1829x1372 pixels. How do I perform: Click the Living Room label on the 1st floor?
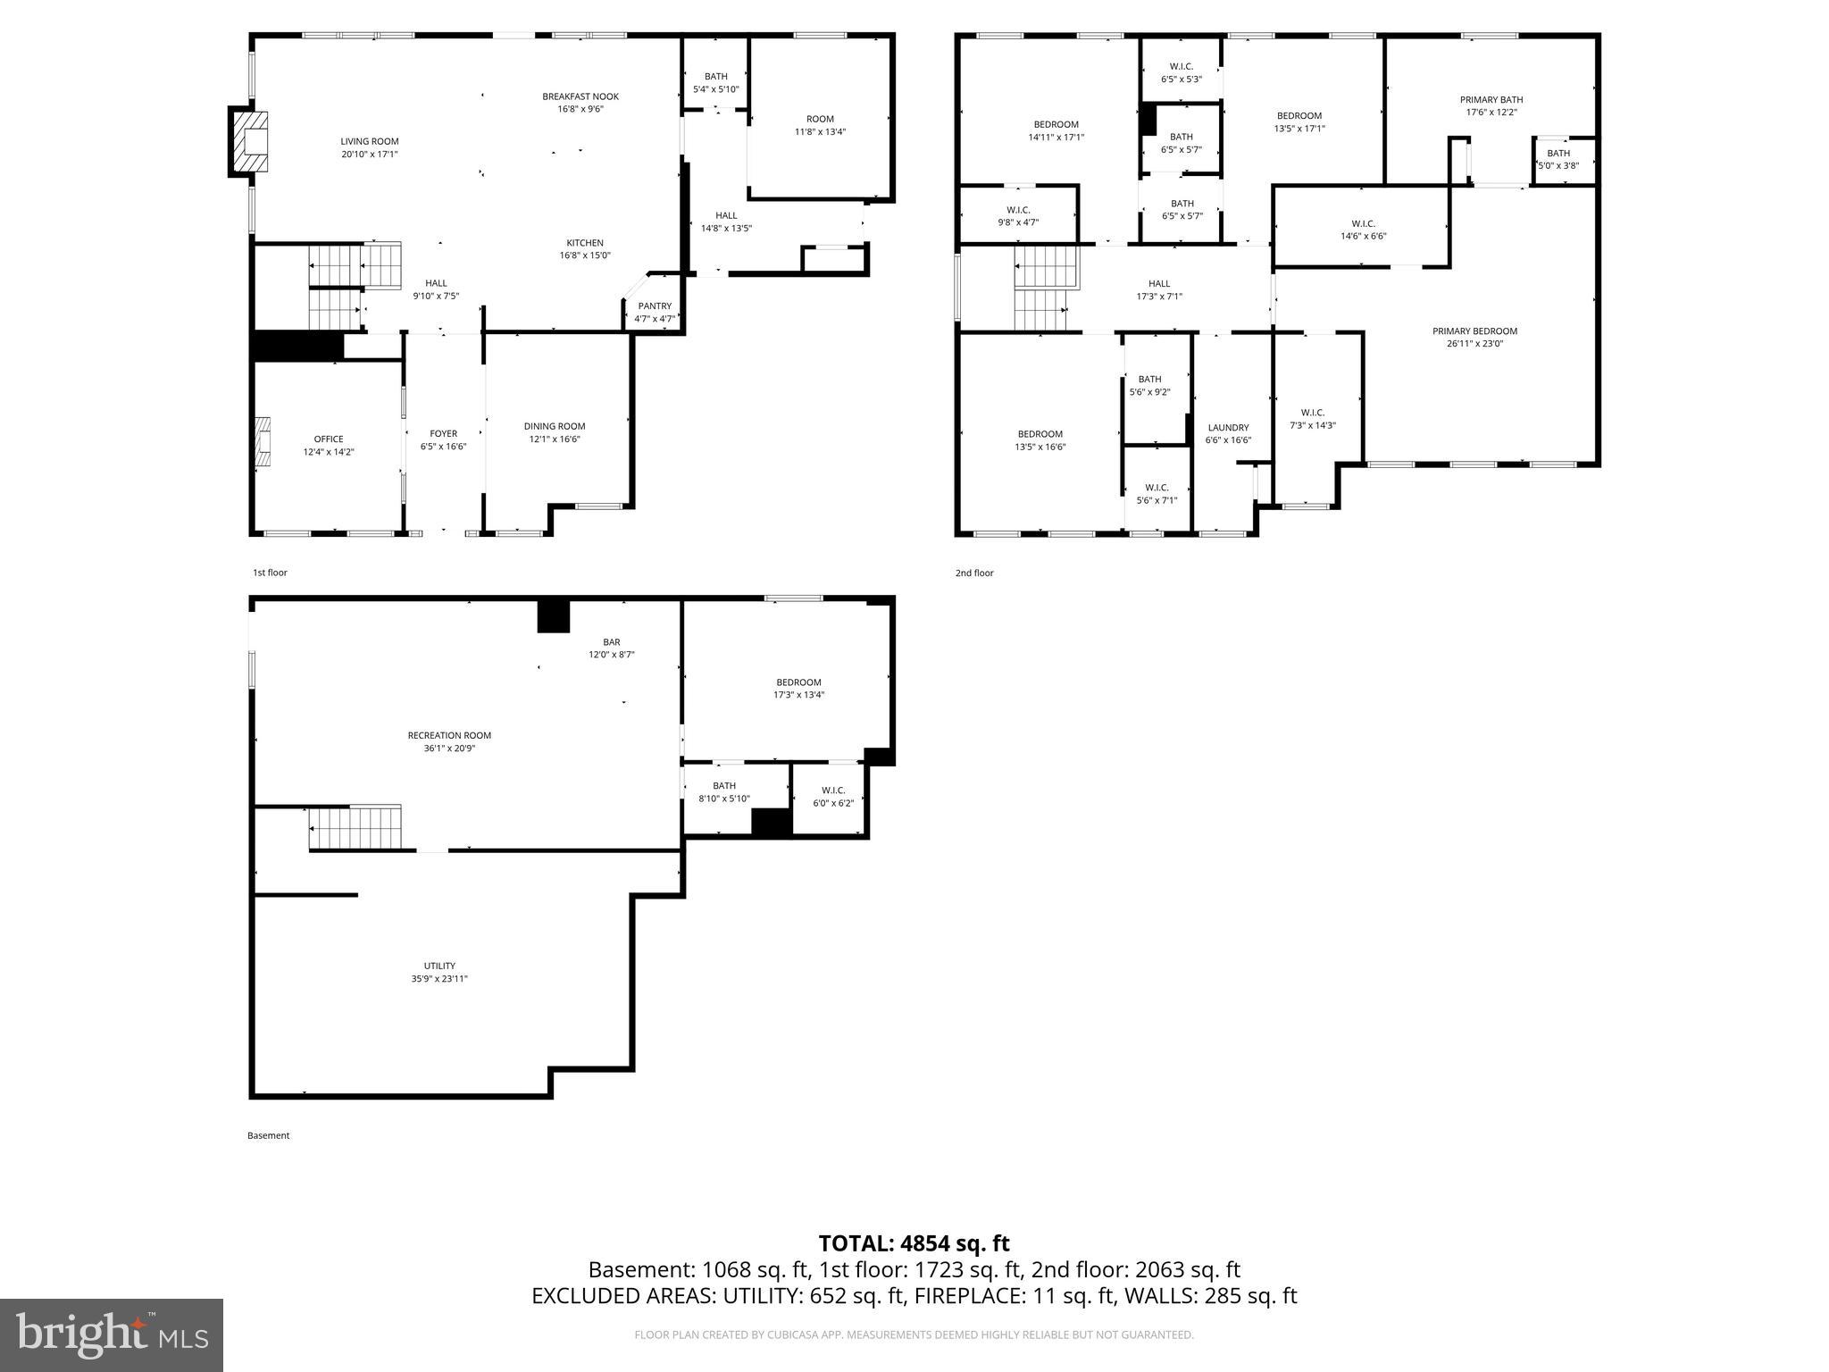(x=369, y=141)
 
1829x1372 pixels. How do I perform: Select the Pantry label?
(x=655, y=306)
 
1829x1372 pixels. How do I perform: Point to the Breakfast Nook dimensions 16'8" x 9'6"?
(x=580, y=109)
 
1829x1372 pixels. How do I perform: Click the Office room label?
(x=329, y=439)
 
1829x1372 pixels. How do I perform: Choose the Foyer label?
(x=443, y=433)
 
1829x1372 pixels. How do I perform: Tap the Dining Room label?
(x=554, y=426)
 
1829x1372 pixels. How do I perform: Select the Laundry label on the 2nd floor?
(x=1228, y=427)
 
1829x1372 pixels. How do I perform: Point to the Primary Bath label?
(x=1491, y=99)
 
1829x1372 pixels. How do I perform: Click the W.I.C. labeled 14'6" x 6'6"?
(x=1363, y=230)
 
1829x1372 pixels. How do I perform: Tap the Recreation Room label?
(x=449, y=735)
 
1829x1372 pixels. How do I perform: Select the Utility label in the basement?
(x=439, y=966)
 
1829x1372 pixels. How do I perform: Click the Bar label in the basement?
(x=611, y=641)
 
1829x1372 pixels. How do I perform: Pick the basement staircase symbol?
(x=355, y=827)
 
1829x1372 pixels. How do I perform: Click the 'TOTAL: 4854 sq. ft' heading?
(x=914, y=1243)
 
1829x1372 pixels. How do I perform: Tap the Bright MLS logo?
(x=112, y=1334)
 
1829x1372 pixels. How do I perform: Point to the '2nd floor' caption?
(x=974, y=573)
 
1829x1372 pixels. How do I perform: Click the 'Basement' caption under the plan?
(x=268, y=1135)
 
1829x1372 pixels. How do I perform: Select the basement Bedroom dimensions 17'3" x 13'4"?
(x=798, y=694)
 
